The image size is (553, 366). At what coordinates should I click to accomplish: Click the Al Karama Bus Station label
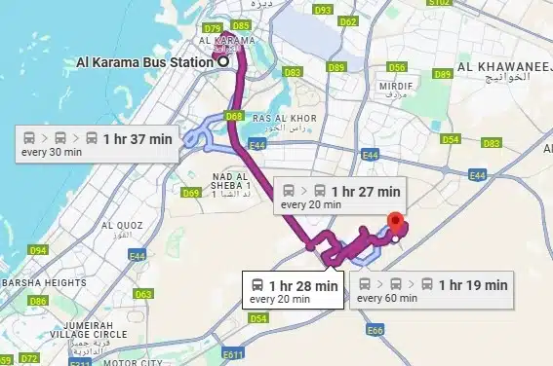point(144,62)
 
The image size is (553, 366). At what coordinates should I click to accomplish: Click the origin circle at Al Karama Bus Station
point(223,62)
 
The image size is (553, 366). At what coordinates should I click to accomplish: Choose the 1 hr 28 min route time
point(303,285)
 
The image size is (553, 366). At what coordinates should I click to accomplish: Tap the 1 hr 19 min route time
point(473,285)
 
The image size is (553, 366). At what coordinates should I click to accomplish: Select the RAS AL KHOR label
point(280,118)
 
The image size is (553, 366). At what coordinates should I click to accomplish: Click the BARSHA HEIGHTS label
point(43,283)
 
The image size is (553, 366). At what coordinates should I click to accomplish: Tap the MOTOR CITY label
point(132,361)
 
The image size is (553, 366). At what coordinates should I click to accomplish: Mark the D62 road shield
point(348,19)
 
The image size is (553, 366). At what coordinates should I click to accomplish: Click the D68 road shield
point(233,117)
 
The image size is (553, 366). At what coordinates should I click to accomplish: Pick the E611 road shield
point(232,354)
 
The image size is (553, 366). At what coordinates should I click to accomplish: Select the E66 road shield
point(375,331)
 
